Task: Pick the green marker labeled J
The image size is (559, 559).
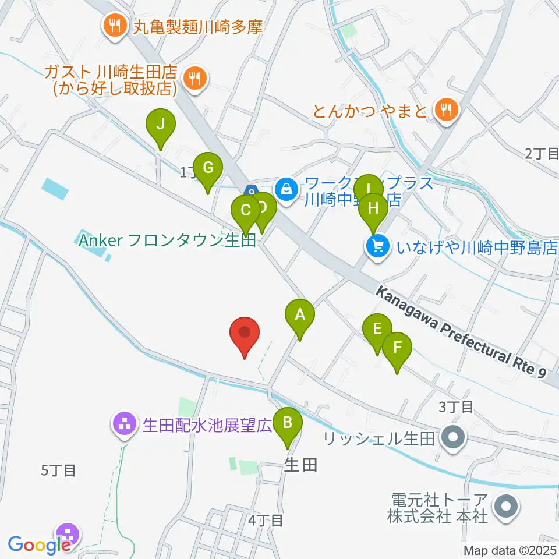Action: (x=160, y=125)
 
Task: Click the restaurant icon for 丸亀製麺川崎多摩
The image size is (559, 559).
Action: (x=115, y=26)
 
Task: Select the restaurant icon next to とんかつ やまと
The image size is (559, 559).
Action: (x=446, y=109)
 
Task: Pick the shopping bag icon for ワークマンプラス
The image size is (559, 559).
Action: (x=286, y=189)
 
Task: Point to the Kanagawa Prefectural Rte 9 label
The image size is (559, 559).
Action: (x=463, y=332)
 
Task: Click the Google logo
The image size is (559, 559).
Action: (x=38, y=546)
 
